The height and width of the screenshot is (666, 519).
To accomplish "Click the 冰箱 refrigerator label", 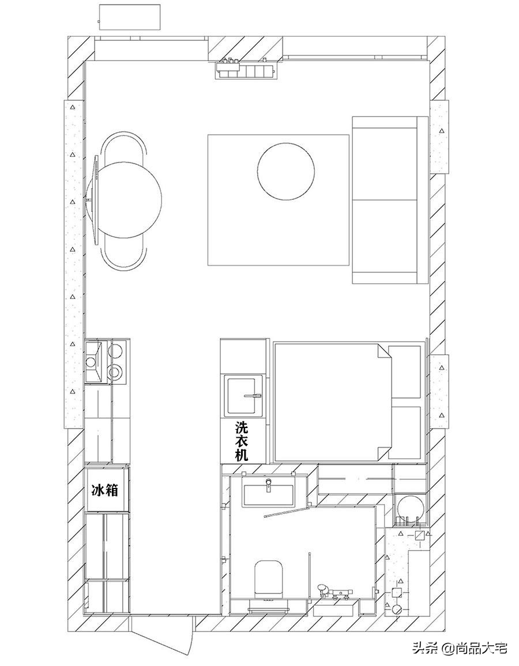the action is [x=104, y=491].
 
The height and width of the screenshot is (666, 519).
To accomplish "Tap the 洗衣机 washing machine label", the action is [x=242, y=441].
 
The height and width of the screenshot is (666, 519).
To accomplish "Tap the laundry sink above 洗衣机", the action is [x=244, y=395].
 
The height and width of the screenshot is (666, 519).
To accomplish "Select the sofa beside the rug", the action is [x=390, y=200].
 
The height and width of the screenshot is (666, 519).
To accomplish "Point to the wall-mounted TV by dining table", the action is [x=95, y=200].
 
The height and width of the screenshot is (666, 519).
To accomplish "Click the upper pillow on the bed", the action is [x=404, y=372].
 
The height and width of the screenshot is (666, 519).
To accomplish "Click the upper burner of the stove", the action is [x=115, y=351].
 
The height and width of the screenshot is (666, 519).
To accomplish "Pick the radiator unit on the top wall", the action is [x=246, y=69].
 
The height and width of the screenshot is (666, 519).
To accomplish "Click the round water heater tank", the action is [x=410, y=509].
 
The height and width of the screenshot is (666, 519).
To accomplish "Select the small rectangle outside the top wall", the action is [x=130, y=17].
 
